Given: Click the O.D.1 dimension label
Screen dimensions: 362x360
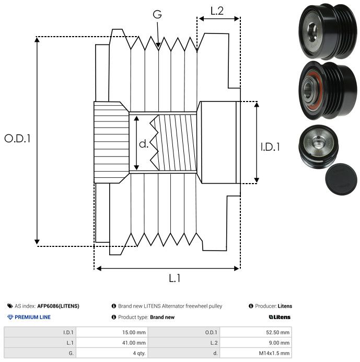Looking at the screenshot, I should point(18,139).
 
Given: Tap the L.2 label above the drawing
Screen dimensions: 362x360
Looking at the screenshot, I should point(217,10).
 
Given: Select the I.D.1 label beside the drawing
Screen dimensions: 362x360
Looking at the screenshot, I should point(270,147).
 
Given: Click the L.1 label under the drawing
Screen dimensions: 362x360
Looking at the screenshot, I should point(175,278).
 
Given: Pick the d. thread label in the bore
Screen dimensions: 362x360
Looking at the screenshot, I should point(144,143).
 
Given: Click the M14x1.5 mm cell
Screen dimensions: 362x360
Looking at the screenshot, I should point(272,353).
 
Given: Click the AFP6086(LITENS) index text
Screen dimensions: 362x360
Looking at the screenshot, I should point(58,306).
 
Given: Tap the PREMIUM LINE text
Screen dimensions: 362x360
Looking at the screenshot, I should point(33,317).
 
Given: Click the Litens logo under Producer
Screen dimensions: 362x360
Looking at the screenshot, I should point(280,317).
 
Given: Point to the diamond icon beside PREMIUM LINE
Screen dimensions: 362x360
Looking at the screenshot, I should point(10,317).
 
